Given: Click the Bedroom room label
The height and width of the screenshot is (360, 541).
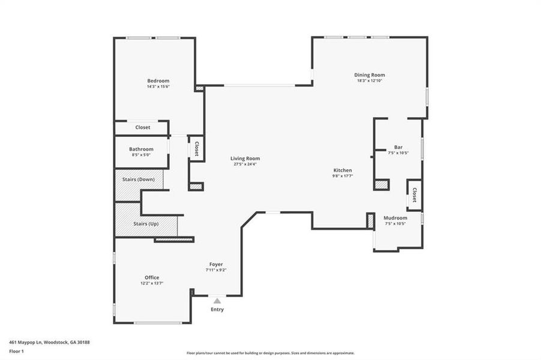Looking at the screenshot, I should pyautogui.click(x=159, y=80).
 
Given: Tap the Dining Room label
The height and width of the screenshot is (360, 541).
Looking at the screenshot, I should pyautogui.click(x=369, y=74).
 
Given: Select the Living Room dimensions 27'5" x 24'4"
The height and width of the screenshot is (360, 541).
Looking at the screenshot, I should pyautogui.click(x=245, y=164).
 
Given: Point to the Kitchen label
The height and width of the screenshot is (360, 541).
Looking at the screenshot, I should pyautogui.click(x=343, y=170).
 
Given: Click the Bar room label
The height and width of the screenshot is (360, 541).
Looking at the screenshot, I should pyautogui.click(x=398, y=147).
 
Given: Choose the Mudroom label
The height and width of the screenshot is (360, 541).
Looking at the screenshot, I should pyautogui.click(x=395, y=218).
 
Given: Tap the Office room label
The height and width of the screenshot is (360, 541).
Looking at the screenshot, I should pyautogui.click(x=151, y=277).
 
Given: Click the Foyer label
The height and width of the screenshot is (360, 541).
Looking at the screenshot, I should pyautogui.click(x=216, y=264).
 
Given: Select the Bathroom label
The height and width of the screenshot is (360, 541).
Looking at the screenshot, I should pyautogui.click(x=141, y=149).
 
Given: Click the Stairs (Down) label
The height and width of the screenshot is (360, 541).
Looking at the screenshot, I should pyautogui.click(x=138, y=179).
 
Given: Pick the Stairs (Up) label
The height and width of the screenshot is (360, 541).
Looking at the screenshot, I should pyautogui.click(x=146, y=223).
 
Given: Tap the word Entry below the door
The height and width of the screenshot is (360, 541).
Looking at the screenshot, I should pyautogui.click(x=217, y=310).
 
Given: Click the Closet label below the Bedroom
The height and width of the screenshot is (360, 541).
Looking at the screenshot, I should pyautogui.click(x=142, y=127).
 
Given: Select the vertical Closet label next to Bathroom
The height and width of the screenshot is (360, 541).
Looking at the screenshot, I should pyautogui.click(x=196, y=149).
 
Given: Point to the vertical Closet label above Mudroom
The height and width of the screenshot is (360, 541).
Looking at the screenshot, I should pyautogui.click(x=414, y=195).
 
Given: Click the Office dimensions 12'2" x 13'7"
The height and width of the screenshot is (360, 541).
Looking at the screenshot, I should pyautogui.click(x=151, y=283).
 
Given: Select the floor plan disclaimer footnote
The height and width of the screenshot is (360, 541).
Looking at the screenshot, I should pyautogui.click(x=270, y=353).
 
